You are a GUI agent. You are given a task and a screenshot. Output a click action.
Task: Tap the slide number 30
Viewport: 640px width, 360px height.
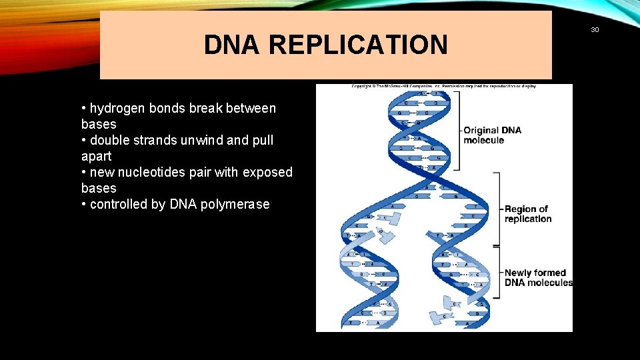595,29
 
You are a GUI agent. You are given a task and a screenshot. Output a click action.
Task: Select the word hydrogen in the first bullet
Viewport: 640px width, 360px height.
118,108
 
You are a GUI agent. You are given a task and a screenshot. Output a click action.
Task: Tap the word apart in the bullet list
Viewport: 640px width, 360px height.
97,156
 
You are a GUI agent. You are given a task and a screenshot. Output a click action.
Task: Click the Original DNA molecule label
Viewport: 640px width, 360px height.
492,135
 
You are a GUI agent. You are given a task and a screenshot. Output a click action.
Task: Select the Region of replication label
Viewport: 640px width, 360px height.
527,214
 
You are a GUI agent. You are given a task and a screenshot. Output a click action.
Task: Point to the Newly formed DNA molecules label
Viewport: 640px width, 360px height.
538,277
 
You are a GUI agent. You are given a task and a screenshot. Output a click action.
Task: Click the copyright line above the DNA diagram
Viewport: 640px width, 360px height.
443,86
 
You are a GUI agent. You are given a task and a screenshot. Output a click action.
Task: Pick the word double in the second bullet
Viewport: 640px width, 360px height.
109,140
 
